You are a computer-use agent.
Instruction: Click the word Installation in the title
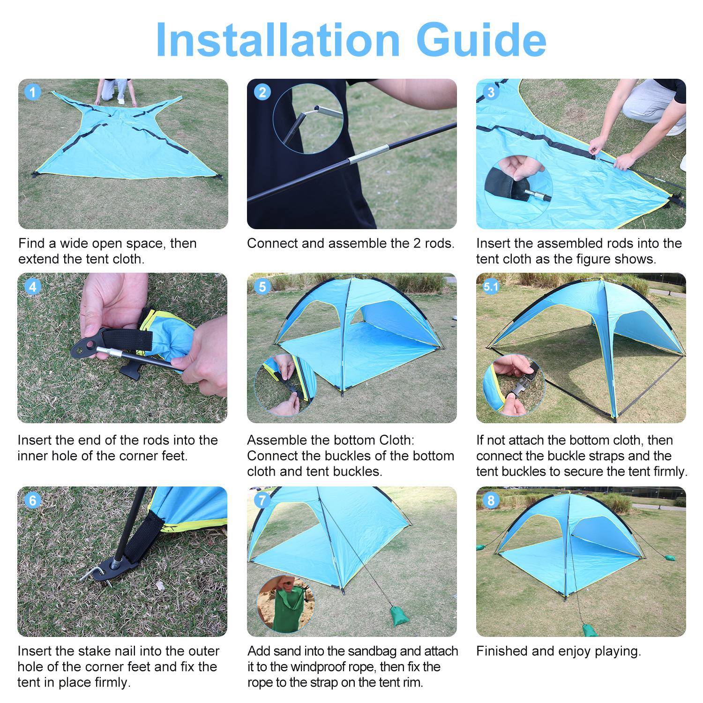277,39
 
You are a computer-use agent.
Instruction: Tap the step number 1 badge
32,92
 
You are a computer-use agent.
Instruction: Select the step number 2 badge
262,92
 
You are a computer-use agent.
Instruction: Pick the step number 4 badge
32,286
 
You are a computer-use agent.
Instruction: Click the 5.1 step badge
491,286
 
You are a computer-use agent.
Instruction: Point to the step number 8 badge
491,500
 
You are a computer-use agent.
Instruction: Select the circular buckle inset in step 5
285,385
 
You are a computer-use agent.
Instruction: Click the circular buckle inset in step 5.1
514,385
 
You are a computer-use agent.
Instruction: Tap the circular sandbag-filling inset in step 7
285,604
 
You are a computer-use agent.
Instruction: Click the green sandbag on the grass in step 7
398,615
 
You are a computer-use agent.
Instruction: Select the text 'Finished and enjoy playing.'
558,651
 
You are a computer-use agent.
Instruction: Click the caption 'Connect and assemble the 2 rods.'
351,243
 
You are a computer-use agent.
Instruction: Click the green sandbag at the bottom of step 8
588,629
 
